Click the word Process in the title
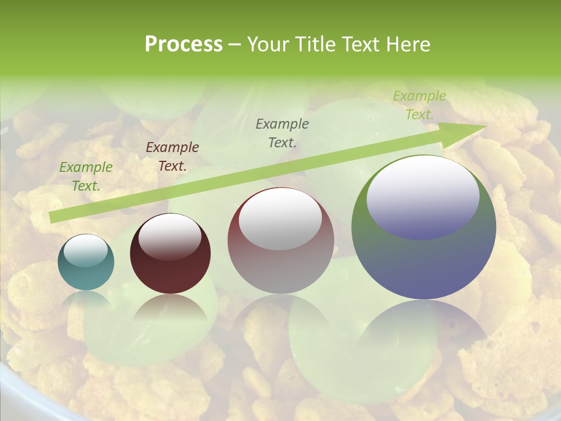click(183, 44)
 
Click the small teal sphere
click(86, 263)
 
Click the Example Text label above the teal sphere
click(86, 177)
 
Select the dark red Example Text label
click(172, 157)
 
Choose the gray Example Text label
click(282, 133)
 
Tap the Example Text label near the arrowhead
click(420, 105)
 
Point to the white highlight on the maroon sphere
click(169, 237)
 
